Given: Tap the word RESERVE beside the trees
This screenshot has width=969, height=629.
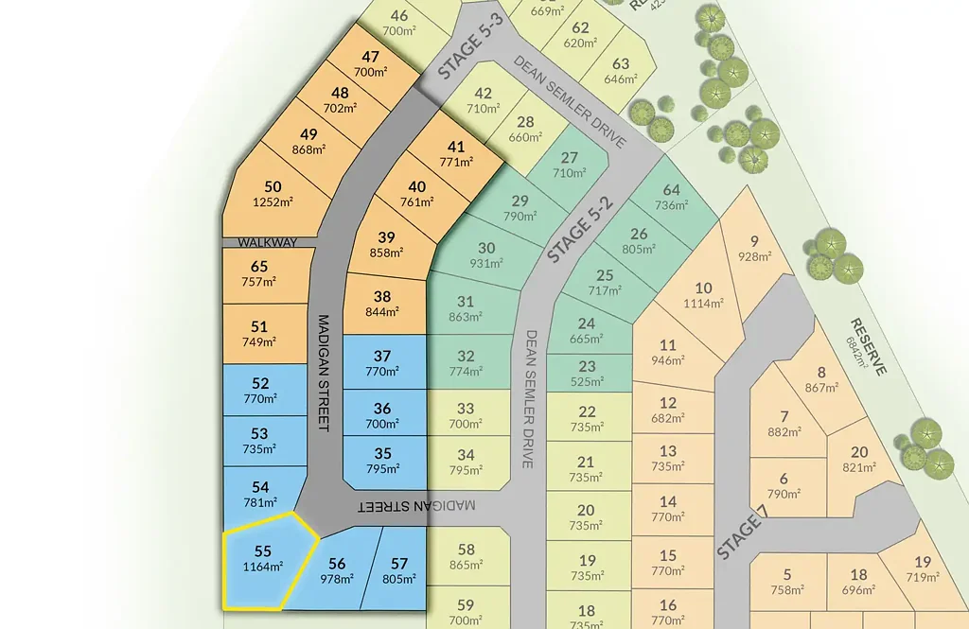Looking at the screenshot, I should pyautogui.click(x=868, y=345).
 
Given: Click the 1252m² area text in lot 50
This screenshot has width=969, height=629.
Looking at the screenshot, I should pyautogui.click(x=273, y=201).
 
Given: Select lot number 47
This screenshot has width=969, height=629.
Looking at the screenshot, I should pyautogui.click(x=370, y=58).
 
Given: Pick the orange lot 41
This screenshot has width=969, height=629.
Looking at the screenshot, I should pyautogui.click(x=456, y=153).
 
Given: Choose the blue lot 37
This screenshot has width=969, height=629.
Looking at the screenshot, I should pyautogui.click(x=381, y=363).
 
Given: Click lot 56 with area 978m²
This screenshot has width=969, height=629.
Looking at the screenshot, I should pyautogui.click(x=337, y=570).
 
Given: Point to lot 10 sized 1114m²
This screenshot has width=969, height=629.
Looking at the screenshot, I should pyautogui.click(x=702, y=295).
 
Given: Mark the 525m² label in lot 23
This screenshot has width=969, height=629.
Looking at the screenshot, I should pyautogui.click(x=587, y=382).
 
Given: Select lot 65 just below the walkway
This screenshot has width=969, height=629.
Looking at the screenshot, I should pyautogui.click(x=258, y=273).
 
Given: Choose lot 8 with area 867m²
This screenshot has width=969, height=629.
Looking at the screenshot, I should pyautogui.click(x=820, y=379).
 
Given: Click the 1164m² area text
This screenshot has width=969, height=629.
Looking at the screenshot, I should pyautogui.click(x=263, y=568).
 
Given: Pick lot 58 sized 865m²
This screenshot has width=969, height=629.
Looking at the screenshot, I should pyautogui.click(x=466, y=556).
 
